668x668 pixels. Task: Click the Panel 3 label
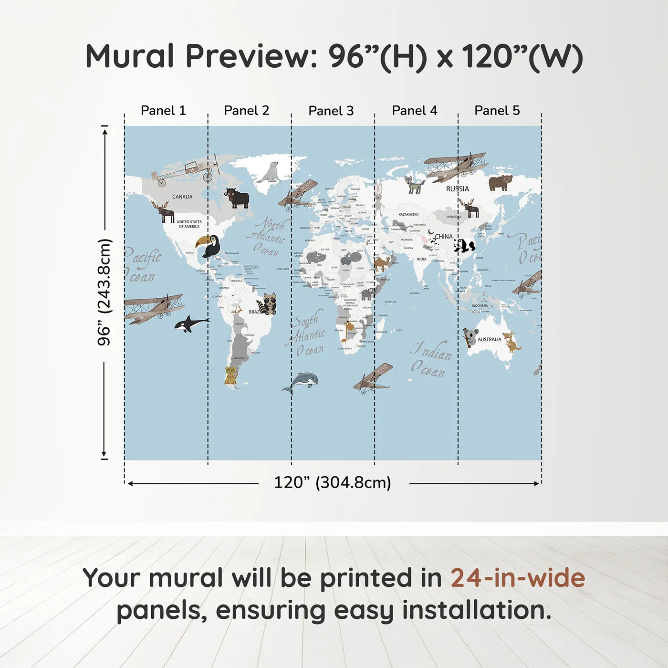[x=331, y=111]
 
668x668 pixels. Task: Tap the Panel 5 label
[x=497, y=110]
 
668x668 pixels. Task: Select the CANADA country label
[x=182, y=197]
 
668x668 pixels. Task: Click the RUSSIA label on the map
[x=457, y=189]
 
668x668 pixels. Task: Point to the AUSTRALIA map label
[x=489, y=340]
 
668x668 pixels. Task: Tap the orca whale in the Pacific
[x=190, y=324]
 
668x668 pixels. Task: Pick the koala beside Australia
[x=470, y=337]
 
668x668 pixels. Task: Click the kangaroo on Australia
[x=511, y=342]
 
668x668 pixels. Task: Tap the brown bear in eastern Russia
[x=500, y=182]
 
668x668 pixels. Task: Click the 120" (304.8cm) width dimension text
[x=332, y=482]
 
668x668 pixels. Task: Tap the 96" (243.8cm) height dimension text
[x=104, y=292]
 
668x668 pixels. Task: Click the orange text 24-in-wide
[x=517, y=578]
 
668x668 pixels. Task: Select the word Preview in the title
[x=248, y=56]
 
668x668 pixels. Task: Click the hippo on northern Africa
[x=353, y=258]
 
